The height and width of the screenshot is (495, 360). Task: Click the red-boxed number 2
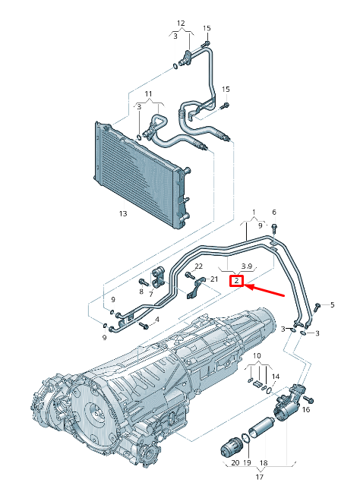point(238,282)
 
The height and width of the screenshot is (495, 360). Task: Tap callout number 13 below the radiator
point(122,214)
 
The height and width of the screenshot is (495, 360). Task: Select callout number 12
point(181,23)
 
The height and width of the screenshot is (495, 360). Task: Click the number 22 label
point(198,266)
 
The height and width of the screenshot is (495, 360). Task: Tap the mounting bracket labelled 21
point(202,288)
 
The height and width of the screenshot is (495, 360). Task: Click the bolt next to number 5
point(318,305)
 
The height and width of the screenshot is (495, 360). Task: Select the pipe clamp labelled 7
point(159,275)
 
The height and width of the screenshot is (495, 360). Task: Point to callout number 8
point(141,291)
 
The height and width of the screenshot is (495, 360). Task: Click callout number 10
point(257,355)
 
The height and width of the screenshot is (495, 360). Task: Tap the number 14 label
point(276,377)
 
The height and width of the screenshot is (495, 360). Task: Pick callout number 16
point(306,409)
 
